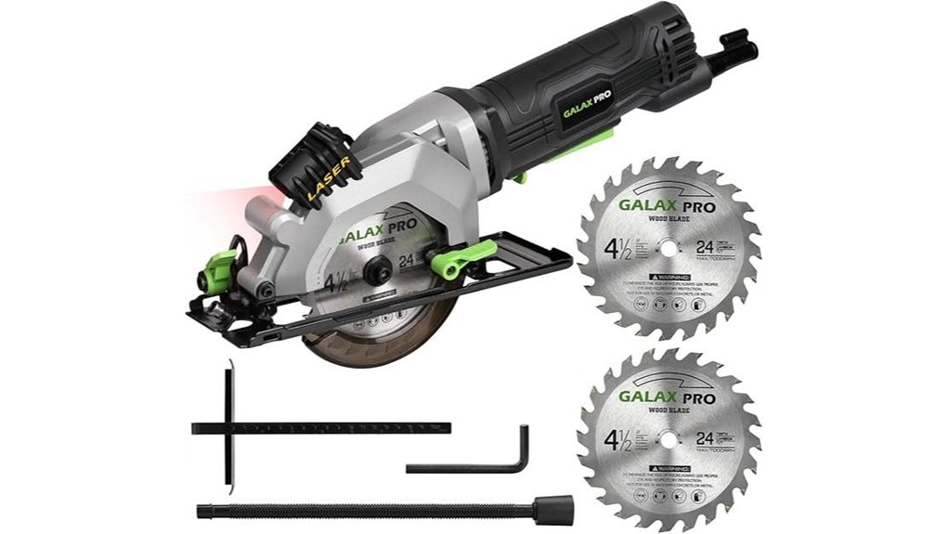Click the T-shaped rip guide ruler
[x=320, y=427]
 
